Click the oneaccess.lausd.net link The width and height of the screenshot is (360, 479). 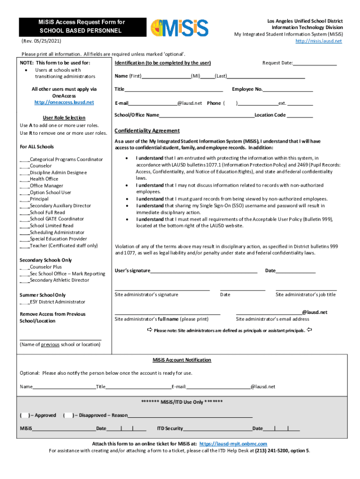point(64,102)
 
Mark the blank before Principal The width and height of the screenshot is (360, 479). point(24,199)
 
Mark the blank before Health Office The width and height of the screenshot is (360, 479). point(24,179)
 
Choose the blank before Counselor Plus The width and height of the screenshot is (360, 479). point(24,268)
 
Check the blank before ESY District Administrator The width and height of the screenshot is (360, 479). point(24,303)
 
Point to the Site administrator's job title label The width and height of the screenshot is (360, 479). point(305,295)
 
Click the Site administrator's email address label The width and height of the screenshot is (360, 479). point(272,319)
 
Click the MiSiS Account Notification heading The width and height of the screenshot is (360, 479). point(182,360)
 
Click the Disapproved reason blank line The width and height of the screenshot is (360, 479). point(190,416)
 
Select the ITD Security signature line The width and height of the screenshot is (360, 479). point(217,429)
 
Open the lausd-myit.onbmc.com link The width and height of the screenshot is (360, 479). point(233,444)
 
